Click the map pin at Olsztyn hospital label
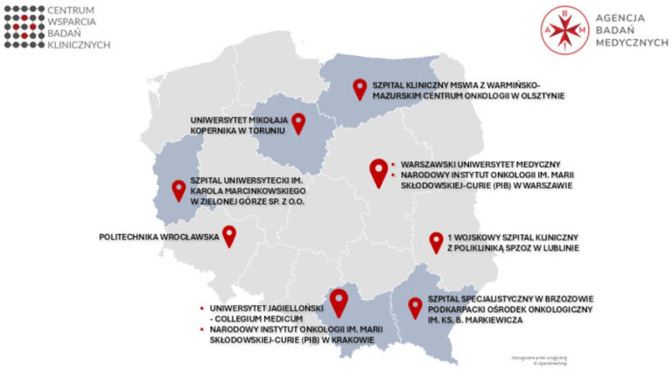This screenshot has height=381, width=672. click(359, 87)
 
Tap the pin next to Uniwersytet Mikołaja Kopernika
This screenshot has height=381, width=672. click(299, 122)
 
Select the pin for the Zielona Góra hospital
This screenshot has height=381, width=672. click(178, 189)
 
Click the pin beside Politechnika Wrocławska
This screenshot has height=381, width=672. click(229, 235)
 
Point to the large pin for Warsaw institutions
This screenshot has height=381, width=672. click(378, 171)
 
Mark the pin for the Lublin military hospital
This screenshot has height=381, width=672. click(436, 242)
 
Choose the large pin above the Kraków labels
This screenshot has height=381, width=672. click(339, 301)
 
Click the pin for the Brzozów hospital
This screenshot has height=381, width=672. click(416, 307)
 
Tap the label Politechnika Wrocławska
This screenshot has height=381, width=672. click(158, 237)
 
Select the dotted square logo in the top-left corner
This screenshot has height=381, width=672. click(24, 24)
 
